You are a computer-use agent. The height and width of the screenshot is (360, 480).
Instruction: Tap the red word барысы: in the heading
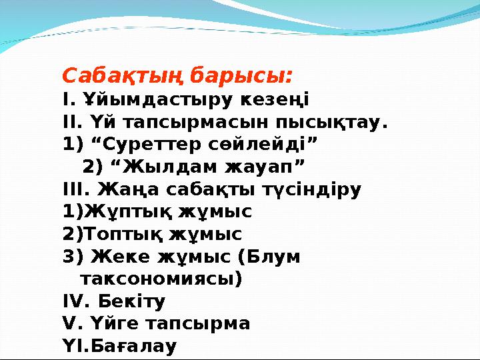241,75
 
